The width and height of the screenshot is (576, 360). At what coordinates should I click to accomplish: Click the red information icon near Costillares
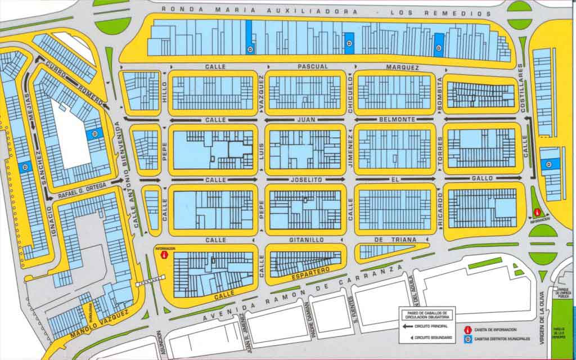[x=537, y=213]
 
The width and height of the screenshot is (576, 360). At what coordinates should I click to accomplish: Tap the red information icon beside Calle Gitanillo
[x=164, y=255]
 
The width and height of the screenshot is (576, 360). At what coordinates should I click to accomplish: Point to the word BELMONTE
[x=397, y=120]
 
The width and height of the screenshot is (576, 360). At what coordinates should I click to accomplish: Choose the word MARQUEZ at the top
[x=403, y=67]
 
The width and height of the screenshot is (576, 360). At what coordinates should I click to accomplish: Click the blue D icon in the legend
[x=467, y=338]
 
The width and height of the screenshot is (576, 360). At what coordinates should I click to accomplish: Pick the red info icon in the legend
[x=467, y=330]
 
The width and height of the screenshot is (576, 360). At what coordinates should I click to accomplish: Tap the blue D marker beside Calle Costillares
[x=548, y=164]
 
